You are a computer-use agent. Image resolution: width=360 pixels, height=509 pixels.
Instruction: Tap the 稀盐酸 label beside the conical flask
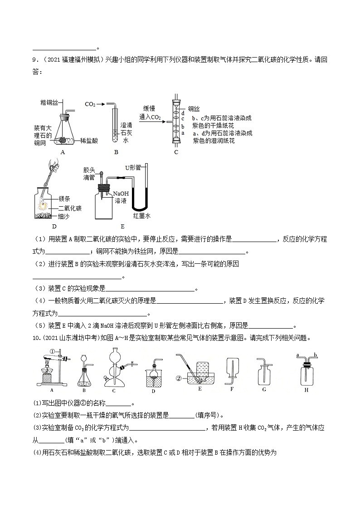click(88, 141)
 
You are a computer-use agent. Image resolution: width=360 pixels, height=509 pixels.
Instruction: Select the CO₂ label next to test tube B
click(90, 104)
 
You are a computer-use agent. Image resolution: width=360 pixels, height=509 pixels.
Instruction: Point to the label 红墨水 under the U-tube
click(141, 216)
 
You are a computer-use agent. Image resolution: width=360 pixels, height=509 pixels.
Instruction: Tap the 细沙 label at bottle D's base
click(64, 217)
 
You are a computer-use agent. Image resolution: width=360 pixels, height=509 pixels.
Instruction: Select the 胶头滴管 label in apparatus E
click(89, 174)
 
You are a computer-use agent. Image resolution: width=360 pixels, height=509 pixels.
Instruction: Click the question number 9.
click(34, 59)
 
